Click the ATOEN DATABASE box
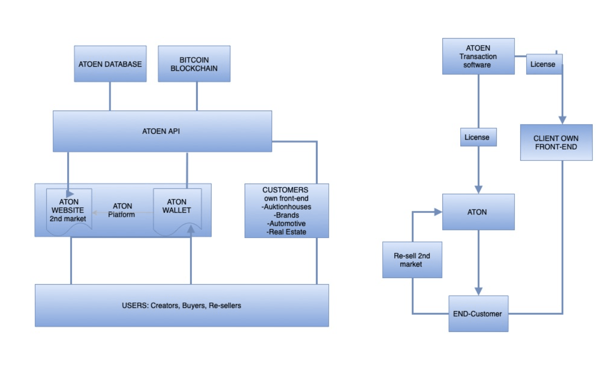tap(110, 64)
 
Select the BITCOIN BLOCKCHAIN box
tap(194, 64)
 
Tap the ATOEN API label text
tap(161, 131)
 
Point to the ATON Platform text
tap(122, 210)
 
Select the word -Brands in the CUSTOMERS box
tap(286, 215)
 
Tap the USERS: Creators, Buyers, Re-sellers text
tap(182, 306)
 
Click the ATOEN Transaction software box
tap(478, 56)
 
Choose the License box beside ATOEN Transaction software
tap(544, 64)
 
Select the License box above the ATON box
tap(478, 137)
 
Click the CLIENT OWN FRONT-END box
tap(556, 143)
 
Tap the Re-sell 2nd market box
tap(412, 260)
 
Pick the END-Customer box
tap(478, 314)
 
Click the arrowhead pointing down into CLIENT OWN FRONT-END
tap(563, 120)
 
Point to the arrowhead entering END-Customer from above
tap(478, 291)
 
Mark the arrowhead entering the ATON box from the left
tap(438, 212)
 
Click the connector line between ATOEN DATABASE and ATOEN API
tap(110, 96)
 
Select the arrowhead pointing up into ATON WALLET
tap(191, 229)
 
